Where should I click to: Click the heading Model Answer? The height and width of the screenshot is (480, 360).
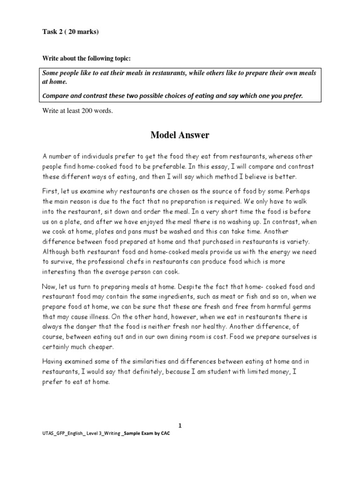[x=180, y=135]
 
